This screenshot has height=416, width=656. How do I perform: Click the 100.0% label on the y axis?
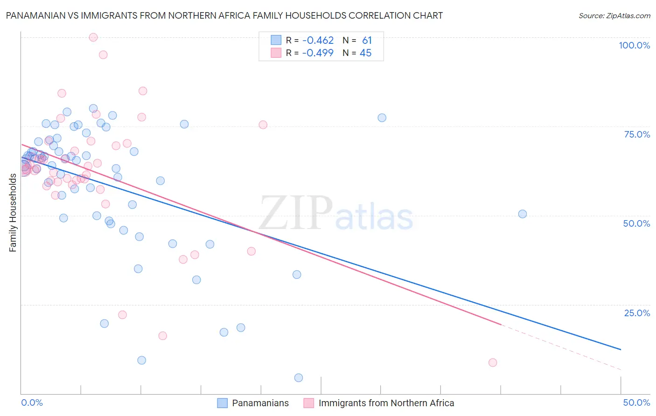[x=634, y=45]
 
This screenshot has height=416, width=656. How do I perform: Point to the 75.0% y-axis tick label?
[x=637, y=134]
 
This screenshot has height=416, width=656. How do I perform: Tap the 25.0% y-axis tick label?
[x=637, y=312]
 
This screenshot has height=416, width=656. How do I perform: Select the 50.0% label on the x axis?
[x=636, y=402]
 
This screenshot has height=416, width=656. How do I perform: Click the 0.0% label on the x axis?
[x=32, y=402]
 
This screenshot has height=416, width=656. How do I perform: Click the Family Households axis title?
[x=13, y=213]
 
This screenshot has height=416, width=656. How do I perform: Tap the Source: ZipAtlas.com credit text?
[x=614, y=15]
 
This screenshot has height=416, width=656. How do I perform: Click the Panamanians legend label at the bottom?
[x=260, y=403]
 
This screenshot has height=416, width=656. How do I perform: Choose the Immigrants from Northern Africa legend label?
[x=386, y=403]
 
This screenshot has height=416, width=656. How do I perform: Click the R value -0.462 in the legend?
[x=318, y=41]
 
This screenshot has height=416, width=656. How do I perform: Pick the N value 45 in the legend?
[x=365, y=53]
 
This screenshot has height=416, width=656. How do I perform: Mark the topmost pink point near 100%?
[x=93, y=37]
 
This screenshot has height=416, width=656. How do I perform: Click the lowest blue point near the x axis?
[x=299, y=378]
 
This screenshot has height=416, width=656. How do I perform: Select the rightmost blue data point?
[x=523, y=214]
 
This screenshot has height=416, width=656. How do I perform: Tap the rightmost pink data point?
[x=493, y=362]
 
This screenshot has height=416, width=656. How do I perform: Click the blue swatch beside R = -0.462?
[x=276, y=41]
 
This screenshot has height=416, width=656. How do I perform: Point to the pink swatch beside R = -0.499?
[x=276, y=53]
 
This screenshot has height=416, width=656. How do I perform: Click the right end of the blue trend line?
[x=621, y=349]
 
